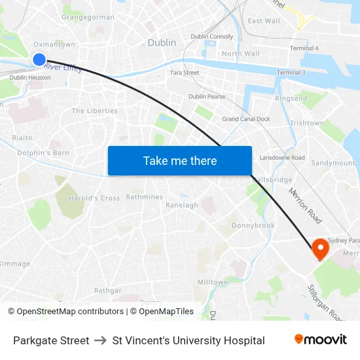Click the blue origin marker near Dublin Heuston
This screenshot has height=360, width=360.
click(39, 60)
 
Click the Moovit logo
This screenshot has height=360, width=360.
click(320, 340)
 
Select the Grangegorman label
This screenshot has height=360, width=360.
click(88, 17)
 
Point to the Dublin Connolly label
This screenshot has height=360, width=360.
click(212, 37)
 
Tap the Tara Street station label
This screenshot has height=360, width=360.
click(185, 73)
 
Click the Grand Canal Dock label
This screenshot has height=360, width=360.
click(246, 119)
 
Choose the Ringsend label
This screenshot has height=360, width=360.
click(291, 99)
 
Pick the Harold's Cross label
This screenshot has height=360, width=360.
click(94, 198)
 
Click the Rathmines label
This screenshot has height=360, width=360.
click(144, 196)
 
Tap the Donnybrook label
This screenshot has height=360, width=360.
click(253, 225)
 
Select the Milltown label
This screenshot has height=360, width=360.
click(213, 282)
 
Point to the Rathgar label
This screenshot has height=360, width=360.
click(108, 290)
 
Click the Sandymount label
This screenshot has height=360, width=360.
click(333, 163)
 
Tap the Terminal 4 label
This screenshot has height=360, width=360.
click(304, 48)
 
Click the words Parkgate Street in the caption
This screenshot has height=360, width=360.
click(51, 340)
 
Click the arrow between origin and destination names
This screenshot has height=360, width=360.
click(101, 340)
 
